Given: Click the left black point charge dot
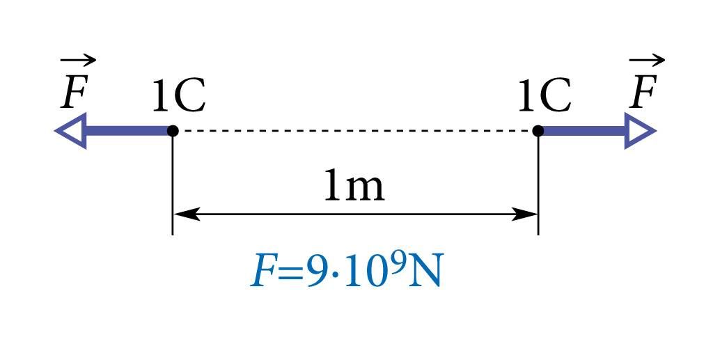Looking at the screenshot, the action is point(173,131).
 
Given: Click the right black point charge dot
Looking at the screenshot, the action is point(538,131).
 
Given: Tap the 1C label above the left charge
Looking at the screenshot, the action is point(179,95).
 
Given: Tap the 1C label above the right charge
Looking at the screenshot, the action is point(544,95).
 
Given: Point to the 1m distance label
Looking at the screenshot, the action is point(354,186).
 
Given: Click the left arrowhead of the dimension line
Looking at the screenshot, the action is point(187,214).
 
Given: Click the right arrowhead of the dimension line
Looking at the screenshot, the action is point(524,214).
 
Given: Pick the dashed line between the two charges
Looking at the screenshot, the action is point(355,131).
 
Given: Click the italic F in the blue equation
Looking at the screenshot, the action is point(263,273).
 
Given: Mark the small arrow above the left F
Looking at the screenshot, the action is point(78,60).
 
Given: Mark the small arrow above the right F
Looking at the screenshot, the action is point(647,60).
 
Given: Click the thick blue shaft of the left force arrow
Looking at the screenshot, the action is point(128,131).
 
